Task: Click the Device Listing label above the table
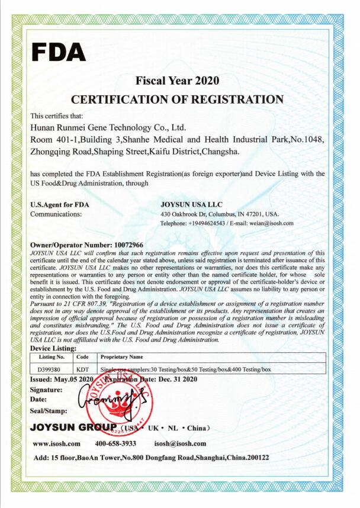pos(56,349)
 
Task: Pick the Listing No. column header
pos(51,358)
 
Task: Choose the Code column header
pos(82,358)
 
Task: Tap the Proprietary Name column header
pos(123,358)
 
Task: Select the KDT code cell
pos(82,369)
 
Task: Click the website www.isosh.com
pos(56,443)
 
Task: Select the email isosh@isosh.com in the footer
pos(180,443)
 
